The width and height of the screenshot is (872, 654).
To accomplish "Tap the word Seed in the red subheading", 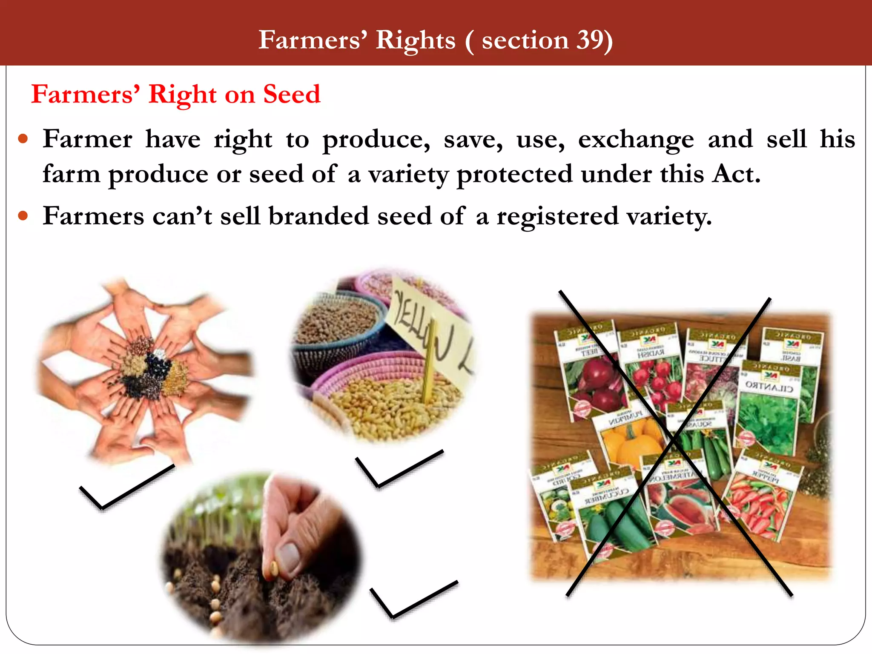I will [291, 94].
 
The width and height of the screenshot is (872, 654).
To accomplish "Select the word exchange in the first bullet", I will [636, 140].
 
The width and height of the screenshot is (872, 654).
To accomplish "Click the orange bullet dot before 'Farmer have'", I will [23, 139].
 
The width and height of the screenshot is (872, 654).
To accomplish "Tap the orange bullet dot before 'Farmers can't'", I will [23, 216].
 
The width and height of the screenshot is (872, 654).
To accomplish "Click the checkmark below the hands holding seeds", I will [126, 488].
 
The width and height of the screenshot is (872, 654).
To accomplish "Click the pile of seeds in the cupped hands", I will [147, 368].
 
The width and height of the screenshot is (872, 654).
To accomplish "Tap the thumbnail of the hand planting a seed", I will [262, 558].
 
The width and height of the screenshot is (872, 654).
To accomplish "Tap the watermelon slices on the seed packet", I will [681, 507].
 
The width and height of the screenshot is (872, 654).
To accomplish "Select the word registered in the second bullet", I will [557, 216].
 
